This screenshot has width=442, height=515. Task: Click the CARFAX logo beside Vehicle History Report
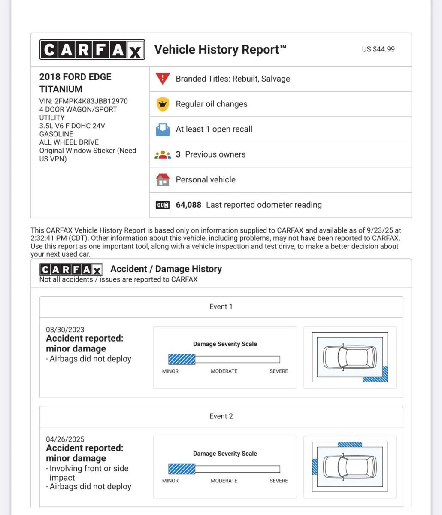(x=92, y=50)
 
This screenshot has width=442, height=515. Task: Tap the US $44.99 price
(x=378, y=49)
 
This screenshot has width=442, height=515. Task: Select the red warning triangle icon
(x=163, y=79)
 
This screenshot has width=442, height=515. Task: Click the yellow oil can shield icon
(x=163, y=104)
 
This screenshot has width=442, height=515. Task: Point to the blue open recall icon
(x=163, y=129)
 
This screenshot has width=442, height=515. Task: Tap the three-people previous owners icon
(x=163, y=154)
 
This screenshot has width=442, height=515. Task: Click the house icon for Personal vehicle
(x=163, y=179)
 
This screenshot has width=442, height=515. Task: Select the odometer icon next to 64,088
(x=163, y=205)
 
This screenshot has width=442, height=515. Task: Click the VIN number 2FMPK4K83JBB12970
(x=91, y=101)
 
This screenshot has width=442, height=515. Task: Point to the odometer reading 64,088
(x=188, y=205)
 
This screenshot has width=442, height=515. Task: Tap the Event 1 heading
(x=221, y=307)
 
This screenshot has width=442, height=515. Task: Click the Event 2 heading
(x=221, y=416)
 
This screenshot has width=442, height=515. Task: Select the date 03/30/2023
(x=65, y=330)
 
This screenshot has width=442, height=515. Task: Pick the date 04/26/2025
(x=65, y=439)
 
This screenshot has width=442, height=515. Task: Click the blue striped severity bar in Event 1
(x=182, y=359)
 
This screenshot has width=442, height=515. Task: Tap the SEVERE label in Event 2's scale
(x=279, y=481)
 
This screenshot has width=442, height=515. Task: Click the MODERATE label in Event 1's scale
(x=224, y=371)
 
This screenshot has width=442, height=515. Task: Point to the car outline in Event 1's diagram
(x=350, y=357)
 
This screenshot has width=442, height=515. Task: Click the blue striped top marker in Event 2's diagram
(x=350, y=445)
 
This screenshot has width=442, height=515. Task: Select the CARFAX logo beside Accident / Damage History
(x=71, y=270)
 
